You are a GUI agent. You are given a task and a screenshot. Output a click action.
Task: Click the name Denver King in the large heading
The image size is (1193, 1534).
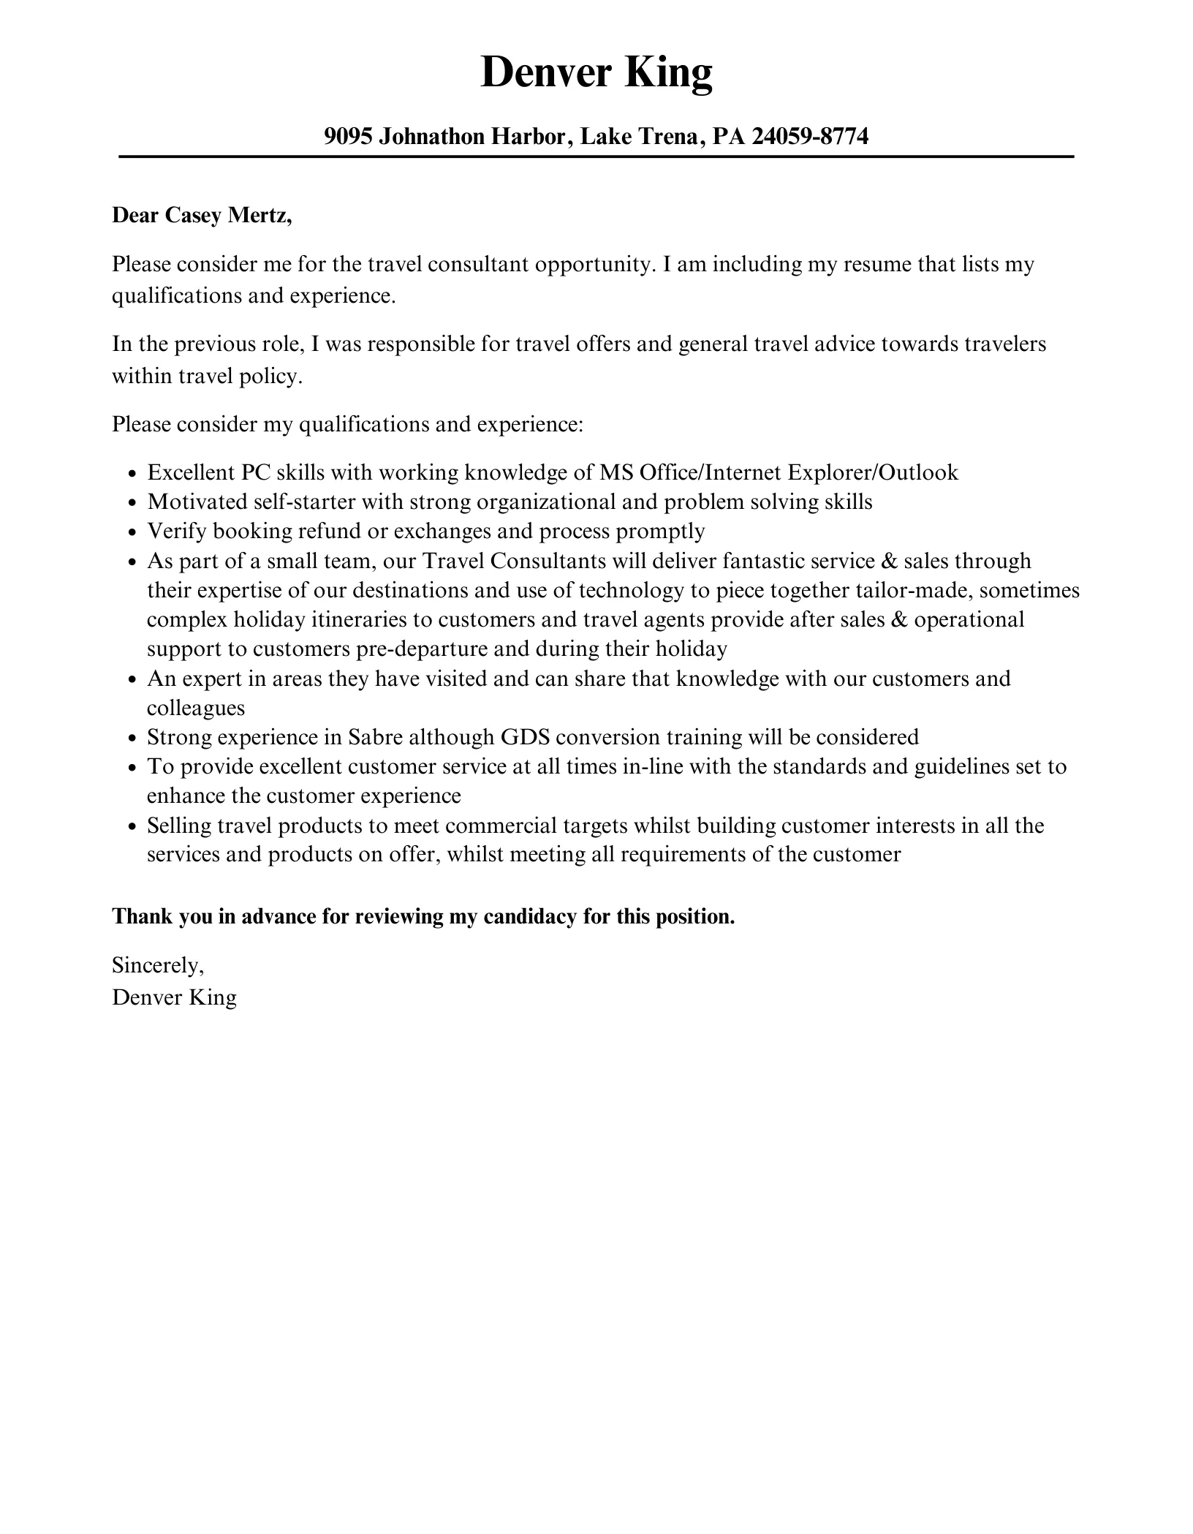[x=596, y=73]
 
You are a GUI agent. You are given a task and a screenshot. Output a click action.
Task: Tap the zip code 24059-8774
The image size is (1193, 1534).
[x=810, y=136]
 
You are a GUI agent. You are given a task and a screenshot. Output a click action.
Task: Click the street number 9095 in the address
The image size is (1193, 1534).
[x=348, y=136]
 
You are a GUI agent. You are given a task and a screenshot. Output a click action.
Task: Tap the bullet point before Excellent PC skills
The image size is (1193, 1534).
[x=132, y=474]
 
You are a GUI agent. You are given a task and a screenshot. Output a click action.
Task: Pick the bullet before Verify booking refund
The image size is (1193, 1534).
[x=132, y=533]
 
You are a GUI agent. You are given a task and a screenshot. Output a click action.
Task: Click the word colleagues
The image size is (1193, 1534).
[x=196, y=709]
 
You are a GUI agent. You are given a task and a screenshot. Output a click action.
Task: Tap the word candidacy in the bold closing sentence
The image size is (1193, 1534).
[x=529, y=917]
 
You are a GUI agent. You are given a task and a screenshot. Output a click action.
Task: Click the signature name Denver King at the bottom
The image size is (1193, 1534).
[x=174, y=998]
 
